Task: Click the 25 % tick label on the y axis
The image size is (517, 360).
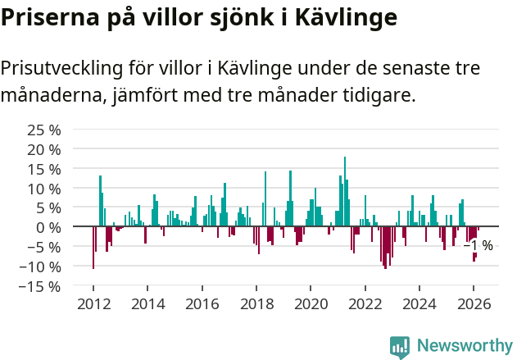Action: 44,130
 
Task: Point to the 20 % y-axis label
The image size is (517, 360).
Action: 44,150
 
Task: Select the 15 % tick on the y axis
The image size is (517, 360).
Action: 44,169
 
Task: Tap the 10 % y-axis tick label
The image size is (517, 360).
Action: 44,189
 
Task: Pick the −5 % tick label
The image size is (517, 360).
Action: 44,247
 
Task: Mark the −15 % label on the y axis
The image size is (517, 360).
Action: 41,286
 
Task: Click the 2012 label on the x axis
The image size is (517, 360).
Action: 93,303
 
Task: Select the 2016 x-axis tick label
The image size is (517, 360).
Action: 202,303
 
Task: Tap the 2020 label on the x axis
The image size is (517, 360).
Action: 311,303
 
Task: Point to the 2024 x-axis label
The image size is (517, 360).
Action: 419,303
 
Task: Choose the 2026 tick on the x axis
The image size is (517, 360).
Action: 474,303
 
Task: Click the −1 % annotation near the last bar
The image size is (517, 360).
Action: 479,245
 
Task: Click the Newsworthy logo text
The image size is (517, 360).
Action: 465,345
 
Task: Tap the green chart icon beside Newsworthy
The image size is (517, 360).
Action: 400,346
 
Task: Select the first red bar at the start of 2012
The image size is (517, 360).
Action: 93,247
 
